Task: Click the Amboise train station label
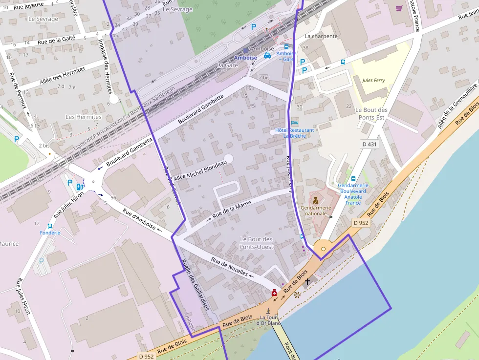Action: click(x=245, y=58)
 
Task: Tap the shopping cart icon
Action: click(x=399, y=8)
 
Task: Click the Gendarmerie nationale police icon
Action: click(x=316, y=199)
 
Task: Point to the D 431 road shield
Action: click(x=370, y=144)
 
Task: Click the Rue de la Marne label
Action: click(x=232, y=210)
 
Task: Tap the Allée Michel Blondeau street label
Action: click(x=200, y=171)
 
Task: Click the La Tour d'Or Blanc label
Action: click(x=268, y=320)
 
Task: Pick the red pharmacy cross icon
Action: click(x=274, y=293)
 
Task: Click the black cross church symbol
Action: click(x=307, y=281)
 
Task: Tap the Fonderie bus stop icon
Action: click(x=50, y=226)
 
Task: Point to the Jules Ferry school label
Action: click(x=373, y=80)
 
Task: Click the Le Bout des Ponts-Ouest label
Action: click(x=257, y=243)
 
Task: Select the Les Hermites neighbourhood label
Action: click(x=84, y=117)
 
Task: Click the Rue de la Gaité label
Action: click(x=56, y=39)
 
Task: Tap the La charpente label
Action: click(x=321, y=36)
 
